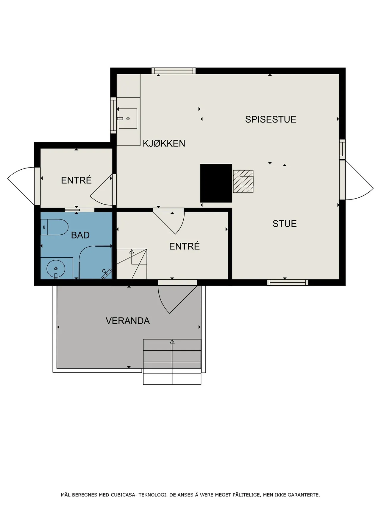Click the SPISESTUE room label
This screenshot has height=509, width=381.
(x=271, y=119)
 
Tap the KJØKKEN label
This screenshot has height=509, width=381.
(x=164, y=143)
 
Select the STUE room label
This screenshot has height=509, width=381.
(x=285, y=224)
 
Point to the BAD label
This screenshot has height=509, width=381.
(x=80, y=235)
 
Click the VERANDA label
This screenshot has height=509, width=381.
(x=128, y=321)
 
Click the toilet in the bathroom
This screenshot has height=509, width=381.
(x=54, y=227)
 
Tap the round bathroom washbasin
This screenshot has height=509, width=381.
(x=56, y=269)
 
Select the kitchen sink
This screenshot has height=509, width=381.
(x=128, y=118)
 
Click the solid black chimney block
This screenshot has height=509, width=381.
(x=216, y=183)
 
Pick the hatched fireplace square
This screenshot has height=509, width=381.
(x=243, y=181)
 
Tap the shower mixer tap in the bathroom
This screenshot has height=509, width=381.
(x=106, y=273)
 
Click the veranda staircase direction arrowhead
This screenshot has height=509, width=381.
(x=172, y=342)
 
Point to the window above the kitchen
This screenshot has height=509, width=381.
(x=174, y=71)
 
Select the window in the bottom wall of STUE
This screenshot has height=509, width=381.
(x=288, y=282)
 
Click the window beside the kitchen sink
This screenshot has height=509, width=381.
(x=113, y=115)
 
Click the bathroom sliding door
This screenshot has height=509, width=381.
(x=72, y=210)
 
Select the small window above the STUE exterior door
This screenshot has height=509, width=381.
(x=343, y=148)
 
